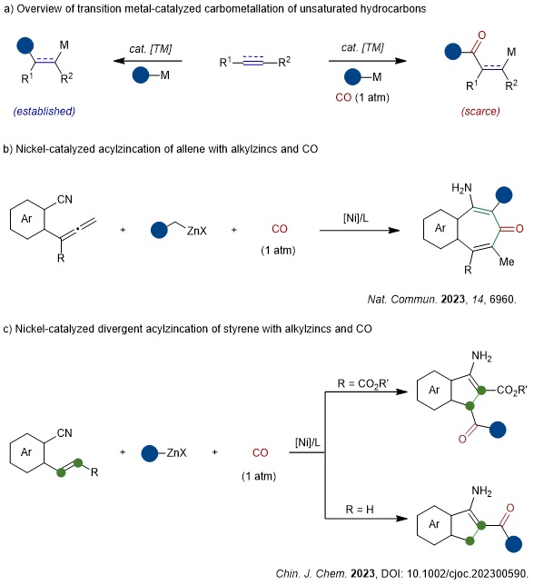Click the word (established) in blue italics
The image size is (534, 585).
[44, 111]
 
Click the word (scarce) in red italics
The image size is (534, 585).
[480, 111]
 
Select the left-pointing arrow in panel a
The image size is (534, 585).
[148, 61]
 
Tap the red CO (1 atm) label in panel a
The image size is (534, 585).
[362, 97]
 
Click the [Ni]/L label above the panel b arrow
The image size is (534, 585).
[356, 218]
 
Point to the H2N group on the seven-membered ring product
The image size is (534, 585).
[461, 188]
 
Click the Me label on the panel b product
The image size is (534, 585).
[507, 262]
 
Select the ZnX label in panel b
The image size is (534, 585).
[196, 231]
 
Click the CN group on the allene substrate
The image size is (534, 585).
[64, 199]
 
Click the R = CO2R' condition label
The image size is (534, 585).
[363, 383]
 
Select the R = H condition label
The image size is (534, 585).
[360, 510]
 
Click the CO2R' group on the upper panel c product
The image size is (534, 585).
[511, 391]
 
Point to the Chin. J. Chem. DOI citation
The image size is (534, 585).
[402, 573]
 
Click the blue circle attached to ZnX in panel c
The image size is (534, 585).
[150, 453]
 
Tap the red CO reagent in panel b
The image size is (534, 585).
[280, 229]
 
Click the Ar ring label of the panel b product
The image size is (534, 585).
[440, 228]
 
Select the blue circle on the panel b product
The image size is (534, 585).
[504, 194]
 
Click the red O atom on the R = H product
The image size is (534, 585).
[510, 508]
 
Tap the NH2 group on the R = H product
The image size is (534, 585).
[481, 491]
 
